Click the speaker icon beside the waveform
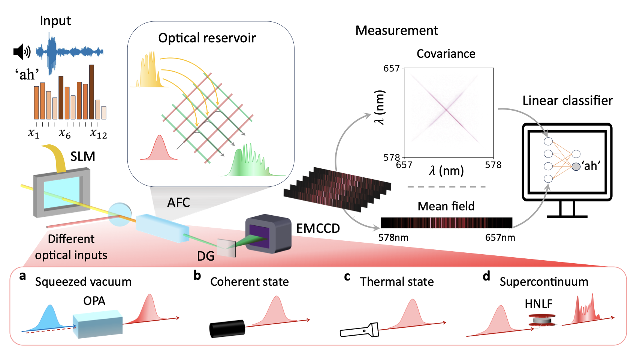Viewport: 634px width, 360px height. tap(21, 52)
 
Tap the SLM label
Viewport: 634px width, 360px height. tap(83, 156)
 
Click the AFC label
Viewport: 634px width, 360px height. tap(178, 202)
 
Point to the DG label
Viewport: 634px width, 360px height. tap(206, 256)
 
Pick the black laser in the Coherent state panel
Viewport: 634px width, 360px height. tap(227, 329)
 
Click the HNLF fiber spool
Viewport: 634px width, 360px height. tap(542, 320)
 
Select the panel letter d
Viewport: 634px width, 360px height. tap(486, 276)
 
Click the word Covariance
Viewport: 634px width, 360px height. tap(446, 54)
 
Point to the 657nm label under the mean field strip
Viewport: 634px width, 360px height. tap(500, 237)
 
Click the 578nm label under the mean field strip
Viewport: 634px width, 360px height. tap(393, 237)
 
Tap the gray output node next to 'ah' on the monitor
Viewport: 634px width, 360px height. tap(576, 166)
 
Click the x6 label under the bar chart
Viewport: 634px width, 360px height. tap(64, 133)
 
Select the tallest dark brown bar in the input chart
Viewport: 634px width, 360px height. tap(91, 92)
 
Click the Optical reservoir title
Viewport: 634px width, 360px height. tap(207, 38)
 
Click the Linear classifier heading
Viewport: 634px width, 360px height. tap(567, 100)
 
